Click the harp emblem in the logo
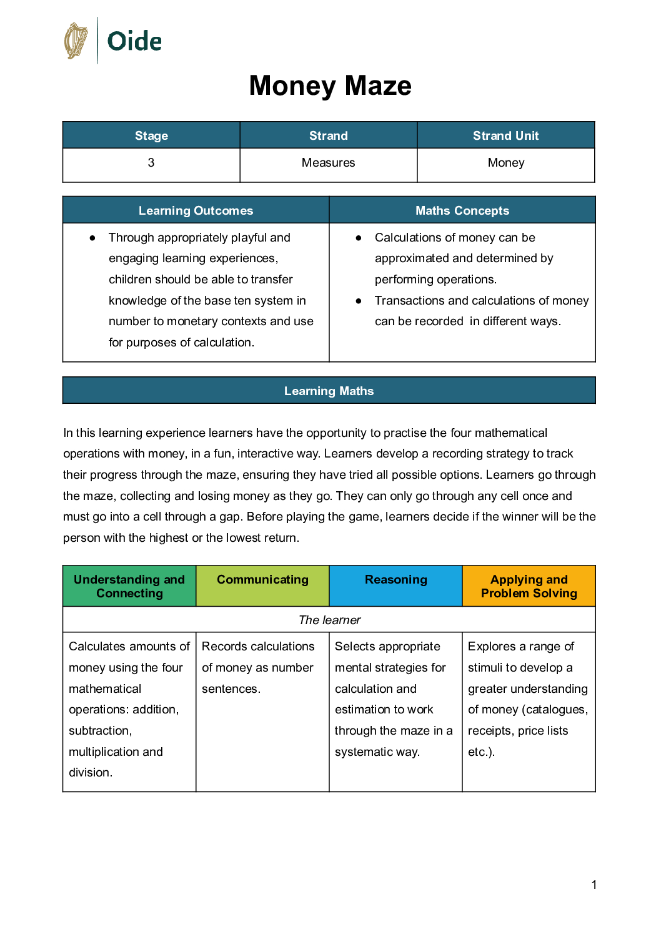pyautogui.click(x=76, y=41)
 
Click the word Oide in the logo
pyautogui.click(x=134, y=42)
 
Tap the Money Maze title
pyautogui.click(x=330, y=86)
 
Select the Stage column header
pyautogui.click(x=151, y=135)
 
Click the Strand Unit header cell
pyautogui.click(x=505, y=135)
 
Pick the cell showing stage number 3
pyautogui.click(x=151, y=163)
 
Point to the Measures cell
pyautogui.click(x=328, y=163)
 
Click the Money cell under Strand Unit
pyautogui.click(x=505, y=163)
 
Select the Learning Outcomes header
pyautogui.click(x=196, y=210)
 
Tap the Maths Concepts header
pyautogui.click(x=462, y=210)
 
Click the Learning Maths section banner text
pyautogui.click(x=329, y=391)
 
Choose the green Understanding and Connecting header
pyautogui.click(x=129, y=586)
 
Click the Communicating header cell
pyautogui.click(x=262, y=580)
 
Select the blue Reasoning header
pyautogui.click(x=395, y=580)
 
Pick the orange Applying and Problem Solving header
pyautogui.click(x=529, y=586)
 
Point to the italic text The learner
pyautogui.click(x=329, y=620)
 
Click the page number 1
pyautogui.click(x=594, y=884)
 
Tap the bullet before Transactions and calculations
pyautogui.click(x=359, y=301)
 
